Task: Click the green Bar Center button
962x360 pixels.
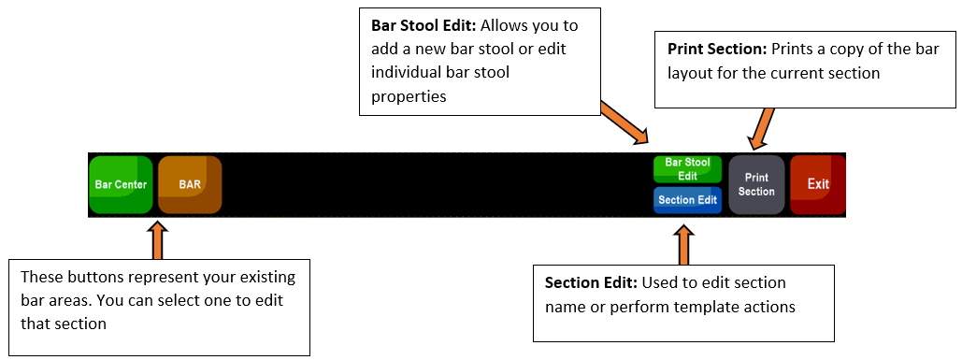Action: (x=121, y=184)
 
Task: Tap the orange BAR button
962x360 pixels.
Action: (x=190, y=184)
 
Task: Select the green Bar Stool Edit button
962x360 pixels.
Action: (x=687, y=169)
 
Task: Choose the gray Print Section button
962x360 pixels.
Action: (x=756, y=184)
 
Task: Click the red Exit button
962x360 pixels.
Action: (x=818, y=184)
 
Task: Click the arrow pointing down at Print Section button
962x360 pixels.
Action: (x=761, y=128)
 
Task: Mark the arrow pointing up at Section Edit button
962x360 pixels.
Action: (x=683, y=244)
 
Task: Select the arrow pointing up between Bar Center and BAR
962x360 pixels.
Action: (x=158, y=241)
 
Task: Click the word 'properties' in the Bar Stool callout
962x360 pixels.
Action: (x=409, y=97)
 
